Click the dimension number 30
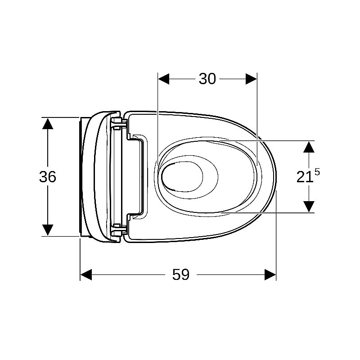pos(207,79)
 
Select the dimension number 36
pos(48,176)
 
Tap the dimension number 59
pos(181,274)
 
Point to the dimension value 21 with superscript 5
pos(308,176)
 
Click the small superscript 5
pos(317,172)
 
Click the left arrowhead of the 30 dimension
pos(163,79)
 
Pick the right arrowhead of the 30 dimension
pos(252,79)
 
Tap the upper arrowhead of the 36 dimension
pos(48,123)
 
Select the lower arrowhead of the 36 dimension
pos(48,230)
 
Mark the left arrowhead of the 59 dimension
pos(86,274)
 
